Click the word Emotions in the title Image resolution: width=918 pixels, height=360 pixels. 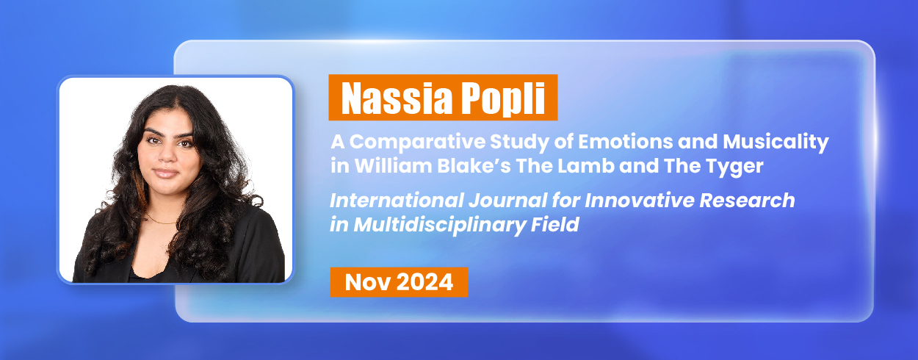click(626, 142)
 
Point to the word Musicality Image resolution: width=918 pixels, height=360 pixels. click(776, 143)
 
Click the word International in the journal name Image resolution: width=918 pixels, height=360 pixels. click(397, 201)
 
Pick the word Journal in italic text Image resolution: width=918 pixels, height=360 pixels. click(507, 201)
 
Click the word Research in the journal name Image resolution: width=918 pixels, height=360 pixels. click(747, 201)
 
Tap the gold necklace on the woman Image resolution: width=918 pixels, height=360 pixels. click(161, 220)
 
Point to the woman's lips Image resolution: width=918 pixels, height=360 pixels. click(165, 173)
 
